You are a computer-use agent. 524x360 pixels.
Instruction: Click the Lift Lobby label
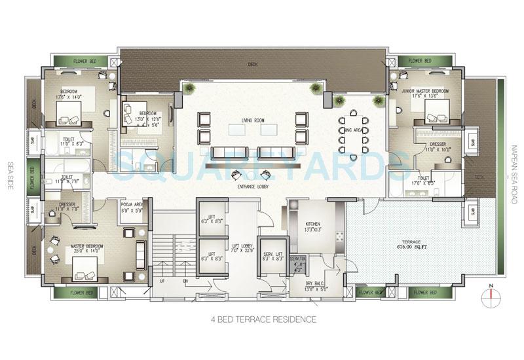242,245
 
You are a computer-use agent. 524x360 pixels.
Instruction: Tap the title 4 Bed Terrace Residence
263,319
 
